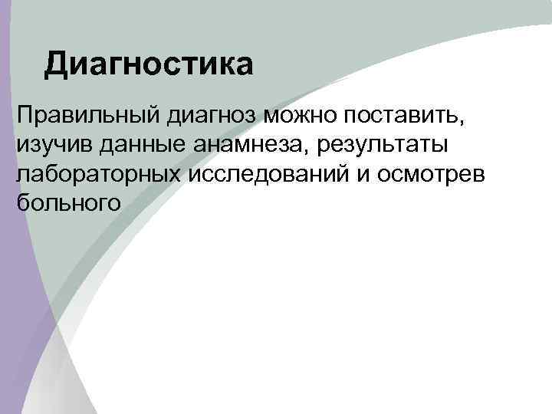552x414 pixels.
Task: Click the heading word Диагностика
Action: [148, 65]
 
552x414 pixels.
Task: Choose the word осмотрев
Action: [435, 174]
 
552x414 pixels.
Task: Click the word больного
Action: [68, 202]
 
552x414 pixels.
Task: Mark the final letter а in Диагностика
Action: [243, 67]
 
